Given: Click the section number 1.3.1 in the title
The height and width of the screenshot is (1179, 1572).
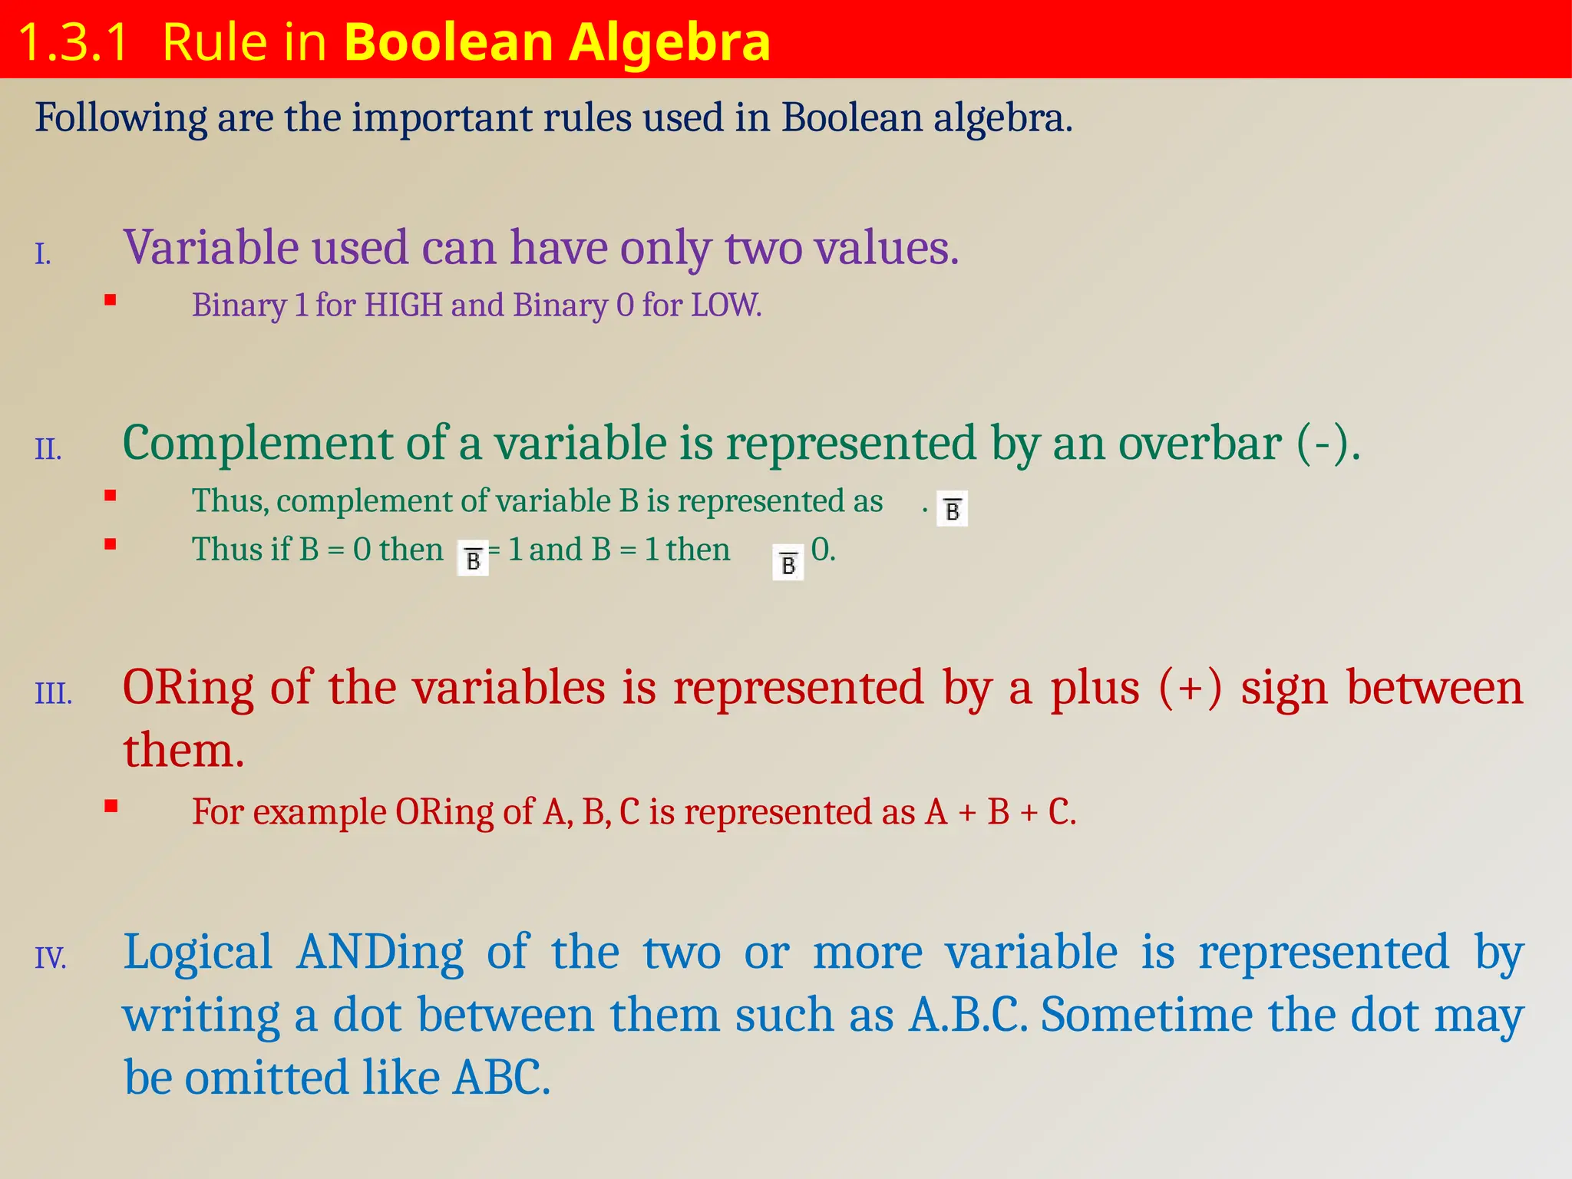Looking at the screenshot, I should pyautogui.click(x=73, y=42).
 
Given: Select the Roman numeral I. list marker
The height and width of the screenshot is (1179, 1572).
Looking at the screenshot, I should pyautogui.click(x=43, y=254).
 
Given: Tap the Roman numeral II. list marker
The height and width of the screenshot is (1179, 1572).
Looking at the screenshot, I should pyautogui.click(x=48, y=449).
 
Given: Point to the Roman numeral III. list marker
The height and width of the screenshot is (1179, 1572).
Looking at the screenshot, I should pyautogui.click(x=53, y=693).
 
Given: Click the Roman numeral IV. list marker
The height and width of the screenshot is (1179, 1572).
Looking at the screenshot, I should pyautogui.click(x=50, y=958).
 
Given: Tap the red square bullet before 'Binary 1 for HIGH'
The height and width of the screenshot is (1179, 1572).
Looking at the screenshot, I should pyautogui.click(x=111, y=301).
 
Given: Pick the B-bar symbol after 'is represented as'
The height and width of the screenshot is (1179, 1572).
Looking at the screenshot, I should pyautogui.click(x=952, y=509).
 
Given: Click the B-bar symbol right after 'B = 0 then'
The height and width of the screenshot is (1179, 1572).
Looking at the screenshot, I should pyautogui.click(x=473, y=559).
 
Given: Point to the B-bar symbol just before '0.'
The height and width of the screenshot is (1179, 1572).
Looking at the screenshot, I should pyautogui.click(x=788, y=564).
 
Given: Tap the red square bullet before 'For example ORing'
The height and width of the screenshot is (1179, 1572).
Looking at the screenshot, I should pyautogui.click(x=111, y=806).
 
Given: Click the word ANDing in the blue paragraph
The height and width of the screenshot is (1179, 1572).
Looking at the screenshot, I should pyautogui.click(x=380, y=953).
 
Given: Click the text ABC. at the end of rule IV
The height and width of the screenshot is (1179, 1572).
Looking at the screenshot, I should pyautogui.click(x=501, y=1078).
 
